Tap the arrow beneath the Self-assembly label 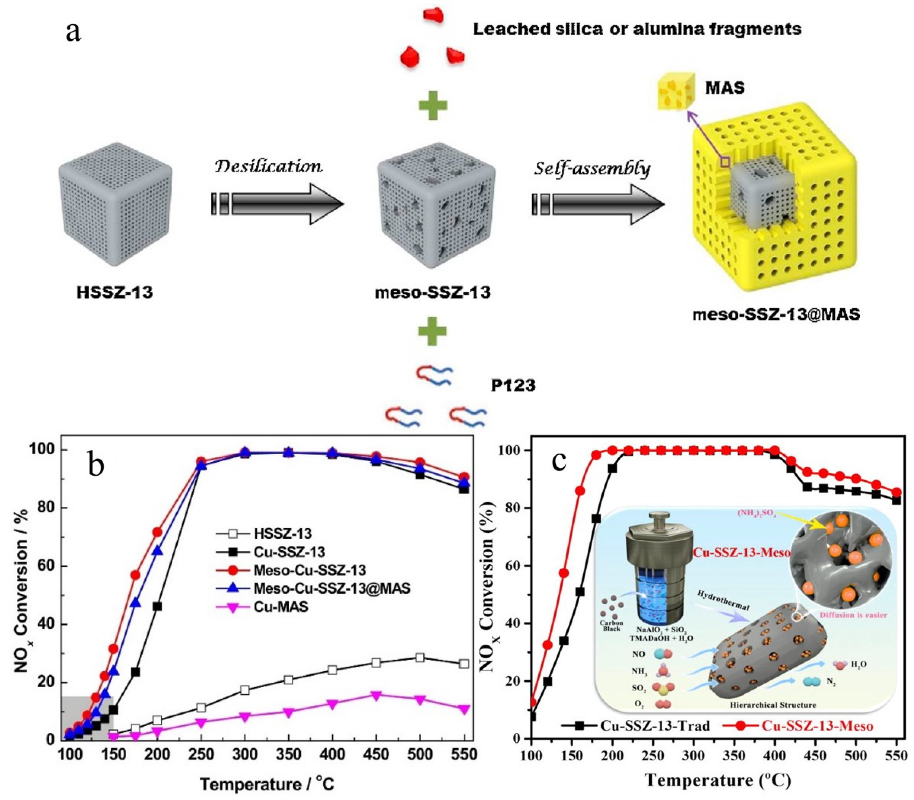tap(598, 204)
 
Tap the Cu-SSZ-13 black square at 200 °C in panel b tap(157, 607)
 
